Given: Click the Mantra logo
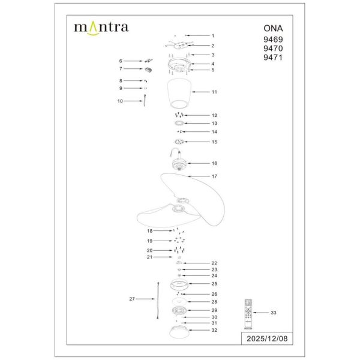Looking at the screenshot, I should (x=100, y=27).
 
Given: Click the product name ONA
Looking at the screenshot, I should (x=271, y=28).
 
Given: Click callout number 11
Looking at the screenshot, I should (x=213, y=92).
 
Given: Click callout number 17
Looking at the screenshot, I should (x=213, y=177).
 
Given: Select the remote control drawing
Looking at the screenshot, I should (x=246, y=313).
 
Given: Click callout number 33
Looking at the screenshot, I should (x=274, y=313).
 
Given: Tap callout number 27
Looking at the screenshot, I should (x=132, y=298).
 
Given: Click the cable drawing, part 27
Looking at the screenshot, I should (x=157, y=298).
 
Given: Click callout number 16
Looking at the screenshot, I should (x=213, y=163).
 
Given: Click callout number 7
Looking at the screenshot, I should (x=120, y=69).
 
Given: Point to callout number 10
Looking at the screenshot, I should (x=120, y=101).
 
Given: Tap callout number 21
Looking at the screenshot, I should (x=149, y=257).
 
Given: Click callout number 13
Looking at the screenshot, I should (x=213, y=123).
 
